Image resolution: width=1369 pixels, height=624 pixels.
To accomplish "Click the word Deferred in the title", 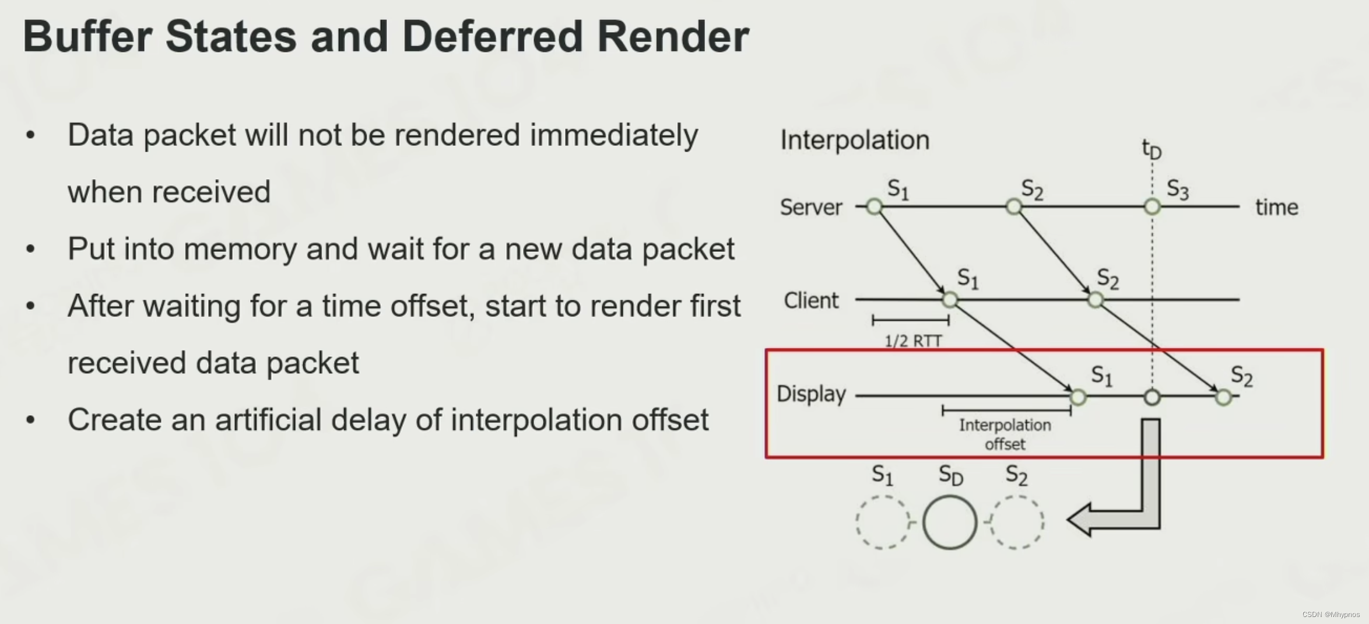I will [x=492, y=37].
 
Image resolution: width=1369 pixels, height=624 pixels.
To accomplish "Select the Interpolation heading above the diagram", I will [x=855, y=141].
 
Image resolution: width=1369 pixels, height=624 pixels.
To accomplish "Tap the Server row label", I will [x=811, y=208].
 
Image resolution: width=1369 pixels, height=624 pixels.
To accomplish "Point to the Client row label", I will [x=811, y=301].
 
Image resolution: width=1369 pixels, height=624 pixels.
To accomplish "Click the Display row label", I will [x=811, y=394].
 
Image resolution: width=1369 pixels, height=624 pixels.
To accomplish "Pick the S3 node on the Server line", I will [x=1152, y=206].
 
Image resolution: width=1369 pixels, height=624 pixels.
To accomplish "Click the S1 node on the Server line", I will [x=874, y=206].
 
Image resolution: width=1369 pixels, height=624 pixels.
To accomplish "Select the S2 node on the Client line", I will [x=1096, y=300].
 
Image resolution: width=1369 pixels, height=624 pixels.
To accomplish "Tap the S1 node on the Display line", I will [x=1078, y=398].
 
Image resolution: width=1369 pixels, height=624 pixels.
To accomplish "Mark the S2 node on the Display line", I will [x=1223, y=398].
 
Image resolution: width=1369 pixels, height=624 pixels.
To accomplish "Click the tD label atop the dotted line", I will [x=1152, y=149].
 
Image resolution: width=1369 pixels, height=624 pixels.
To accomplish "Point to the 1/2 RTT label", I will [x=913, y=341].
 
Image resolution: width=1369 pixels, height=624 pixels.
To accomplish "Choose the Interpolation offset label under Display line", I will [x=1005, y=434].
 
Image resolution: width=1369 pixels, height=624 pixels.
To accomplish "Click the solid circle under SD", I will [x=950, y=522].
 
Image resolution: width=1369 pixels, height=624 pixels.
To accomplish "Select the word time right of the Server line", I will [x=1276, y=208].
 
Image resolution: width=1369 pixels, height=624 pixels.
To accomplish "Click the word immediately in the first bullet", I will [x=613, y=135].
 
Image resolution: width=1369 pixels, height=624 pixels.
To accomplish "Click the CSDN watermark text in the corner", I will [x=1331, y=615].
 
